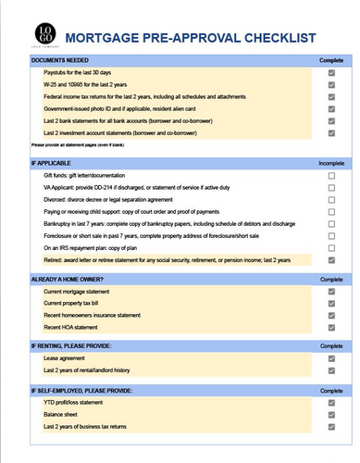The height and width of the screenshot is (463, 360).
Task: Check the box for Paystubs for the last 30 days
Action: [x=331, y=72]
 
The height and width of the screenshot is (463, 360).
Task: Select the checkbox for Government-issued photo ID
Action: [x=331, y=107]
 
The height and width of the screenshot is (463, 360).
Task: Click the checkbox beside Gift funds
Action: [x=331, y=175]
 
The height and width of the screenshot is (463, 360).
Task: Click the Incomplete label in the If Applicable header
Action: [x=330, y=163]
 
